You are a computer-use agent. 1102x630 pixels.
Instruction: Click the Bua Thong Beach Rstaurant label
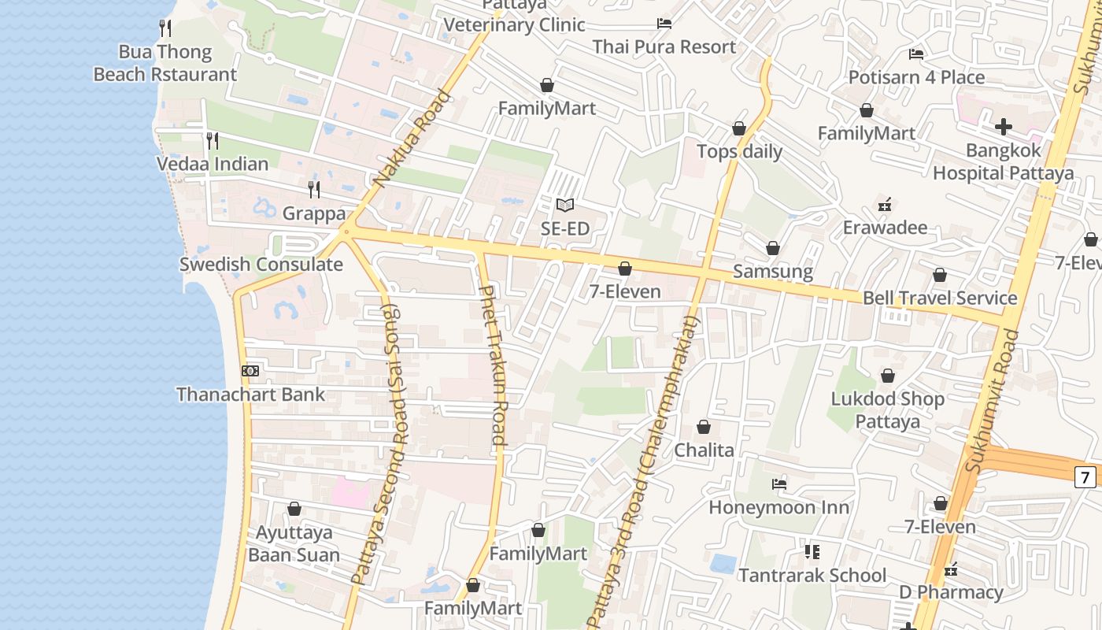165,63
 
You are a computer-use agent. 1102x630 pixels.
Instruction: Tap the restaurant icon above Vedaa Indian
212,141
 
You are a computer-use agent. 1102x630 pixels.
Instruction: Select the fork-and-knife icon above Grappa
314,190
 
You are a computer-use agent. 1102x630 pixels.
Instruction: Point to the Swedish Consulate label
261,265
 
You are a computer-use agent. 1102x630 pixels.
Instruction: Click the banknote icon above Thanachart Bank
250,371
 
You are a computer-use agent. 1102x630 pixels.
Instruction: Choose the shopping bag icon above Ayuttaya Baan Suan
294,510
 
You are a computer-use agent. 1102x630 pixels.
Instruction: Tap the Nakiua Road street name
413,139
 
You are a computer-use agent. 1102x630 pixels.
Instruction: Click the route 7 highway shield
1085,476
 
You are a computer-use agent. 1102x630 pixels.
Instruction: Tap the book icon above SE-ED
564,206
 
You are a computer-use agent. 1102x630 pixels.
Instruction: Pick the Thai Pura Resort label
664,46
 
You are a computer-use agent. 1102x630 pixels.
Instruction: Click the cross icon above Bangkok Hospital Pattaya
1004,126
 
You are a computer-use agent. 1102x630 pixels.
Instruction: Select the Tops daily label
740,151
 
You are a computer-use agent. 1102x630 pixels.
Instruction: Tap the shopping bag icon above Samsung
773,249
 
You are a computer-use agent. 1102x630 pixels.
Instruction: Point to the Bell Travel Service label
940,298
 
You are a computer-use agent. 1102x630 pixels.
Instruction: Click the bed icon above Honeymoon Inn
779,484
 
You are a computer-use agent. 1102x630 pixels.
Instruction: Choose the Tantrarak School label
812,575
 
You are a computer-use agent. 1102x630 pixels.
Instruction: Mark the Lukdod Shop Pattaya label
888,409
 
